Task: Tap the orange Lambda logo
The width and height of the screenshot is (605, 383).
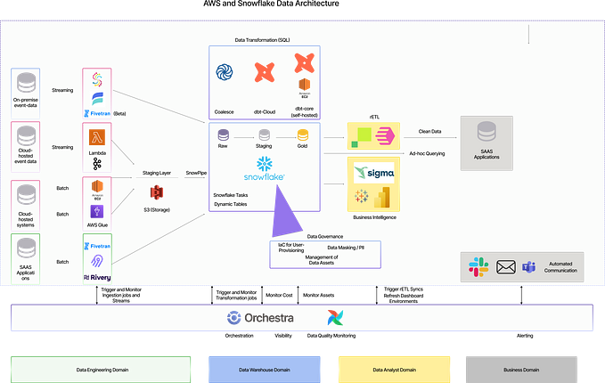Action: click(95, 135)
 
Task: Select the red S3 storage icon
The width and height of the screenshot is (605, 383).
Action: click(157, 192)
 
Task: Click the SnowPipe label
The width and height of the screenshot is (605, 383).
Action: click(197, 172)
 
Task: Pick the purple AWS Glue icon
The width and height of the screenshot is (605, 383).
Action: click(96, 211)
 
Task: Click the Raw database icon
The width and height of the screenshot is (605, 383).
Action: click(223, 134)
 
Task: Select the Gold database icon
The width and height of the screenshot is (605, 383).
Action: click(303, 134)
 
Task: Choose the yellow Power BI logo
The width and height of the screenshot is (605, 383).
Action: click(386, 199)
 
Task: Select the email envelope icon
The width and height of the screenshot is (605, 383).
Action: click(506, 265)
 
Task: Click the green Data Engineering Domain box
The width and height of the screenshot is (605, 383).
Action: click(100, 369)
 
